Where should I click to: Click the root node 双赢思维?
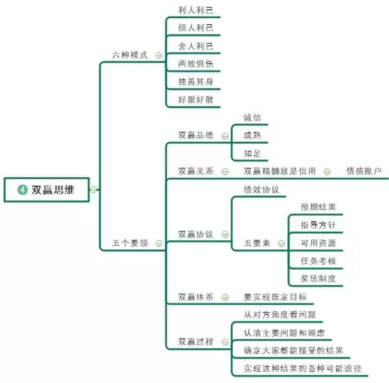(x=52, y=190)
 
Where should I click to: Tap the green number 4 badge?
(x=23, y=190)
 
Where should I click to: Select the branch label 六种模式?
(x=130, y=55)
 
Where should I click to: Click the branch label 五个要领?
(x=130, y=243)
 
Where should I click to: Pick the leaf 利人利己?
(x=196, y=11)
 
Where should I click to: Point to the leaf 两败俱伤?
(x=196, y=64)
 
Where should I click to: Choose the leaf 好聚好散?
(x=196, y=100)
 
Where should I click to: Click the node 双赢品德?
(x=196, y=135)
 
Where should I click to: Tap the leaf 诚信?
(x=252, y=118)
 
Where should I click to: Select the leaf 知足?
(x=252, y=153)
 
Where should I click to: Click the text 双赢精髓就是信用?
(x=280, y=172)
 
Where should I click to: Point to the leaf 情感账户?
(x=364, y=172)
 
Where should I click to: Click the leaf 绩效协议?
(x=261, y=189)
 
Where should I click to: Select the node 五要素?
(x=257, y=243)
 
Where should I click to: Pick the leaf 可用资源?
(x=318, y=243)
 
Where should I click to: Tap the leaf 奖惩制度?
(x=318, y=279)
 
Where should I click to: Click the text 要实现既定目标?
(x=275, y=297)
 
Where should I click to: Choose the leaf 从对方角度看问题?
(x=280, y=315)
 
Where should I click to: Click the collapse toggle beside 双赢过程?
(x=225, y=342)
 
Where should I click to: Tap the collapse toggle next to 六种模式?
(x=159, y=56)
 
